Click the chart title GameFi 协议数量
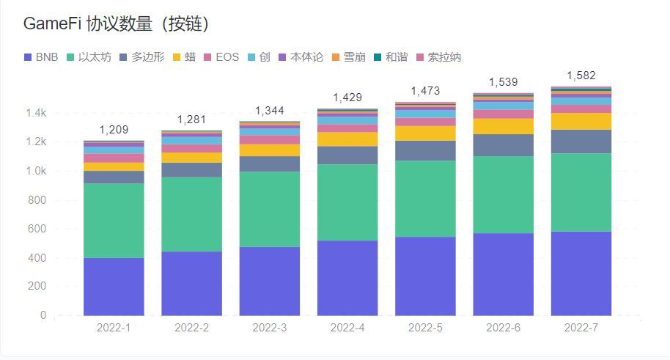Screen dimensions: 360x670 [x=117, y=24]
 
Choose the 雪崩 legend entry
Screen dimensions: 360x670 [x=353, y=57]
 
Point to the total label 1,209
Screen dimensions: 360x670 [x=114, y=130]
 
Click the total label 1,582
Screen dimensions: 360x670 [x=581, y=76]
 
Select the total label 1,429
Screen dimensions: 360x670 [x=347, y=98]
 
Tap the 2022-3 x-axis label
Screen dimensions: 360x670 [x=270, y=328]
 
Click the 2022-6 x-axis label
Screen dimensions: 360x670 [x=503, y=328]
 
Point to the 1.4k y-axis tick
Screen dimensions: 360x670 [x=34, y=114]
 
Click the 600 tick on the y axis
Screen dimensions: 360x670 [x=37, y=229]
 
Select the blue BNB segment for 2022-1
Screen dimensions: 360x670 [x=114, y=287]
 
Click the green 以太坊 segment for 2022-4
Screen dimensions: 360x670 [x=347, y=202]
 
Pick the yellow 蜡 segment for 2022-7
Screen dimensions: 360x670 [x=581, y=121]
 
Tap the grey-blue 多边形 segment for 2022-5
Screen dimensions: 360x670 [x=425, y=150]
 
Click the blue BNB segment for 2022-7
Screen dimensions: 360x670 [x=581, y=273]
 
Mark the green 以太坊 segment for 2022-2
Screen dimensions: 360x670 [x=191, y=214]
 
